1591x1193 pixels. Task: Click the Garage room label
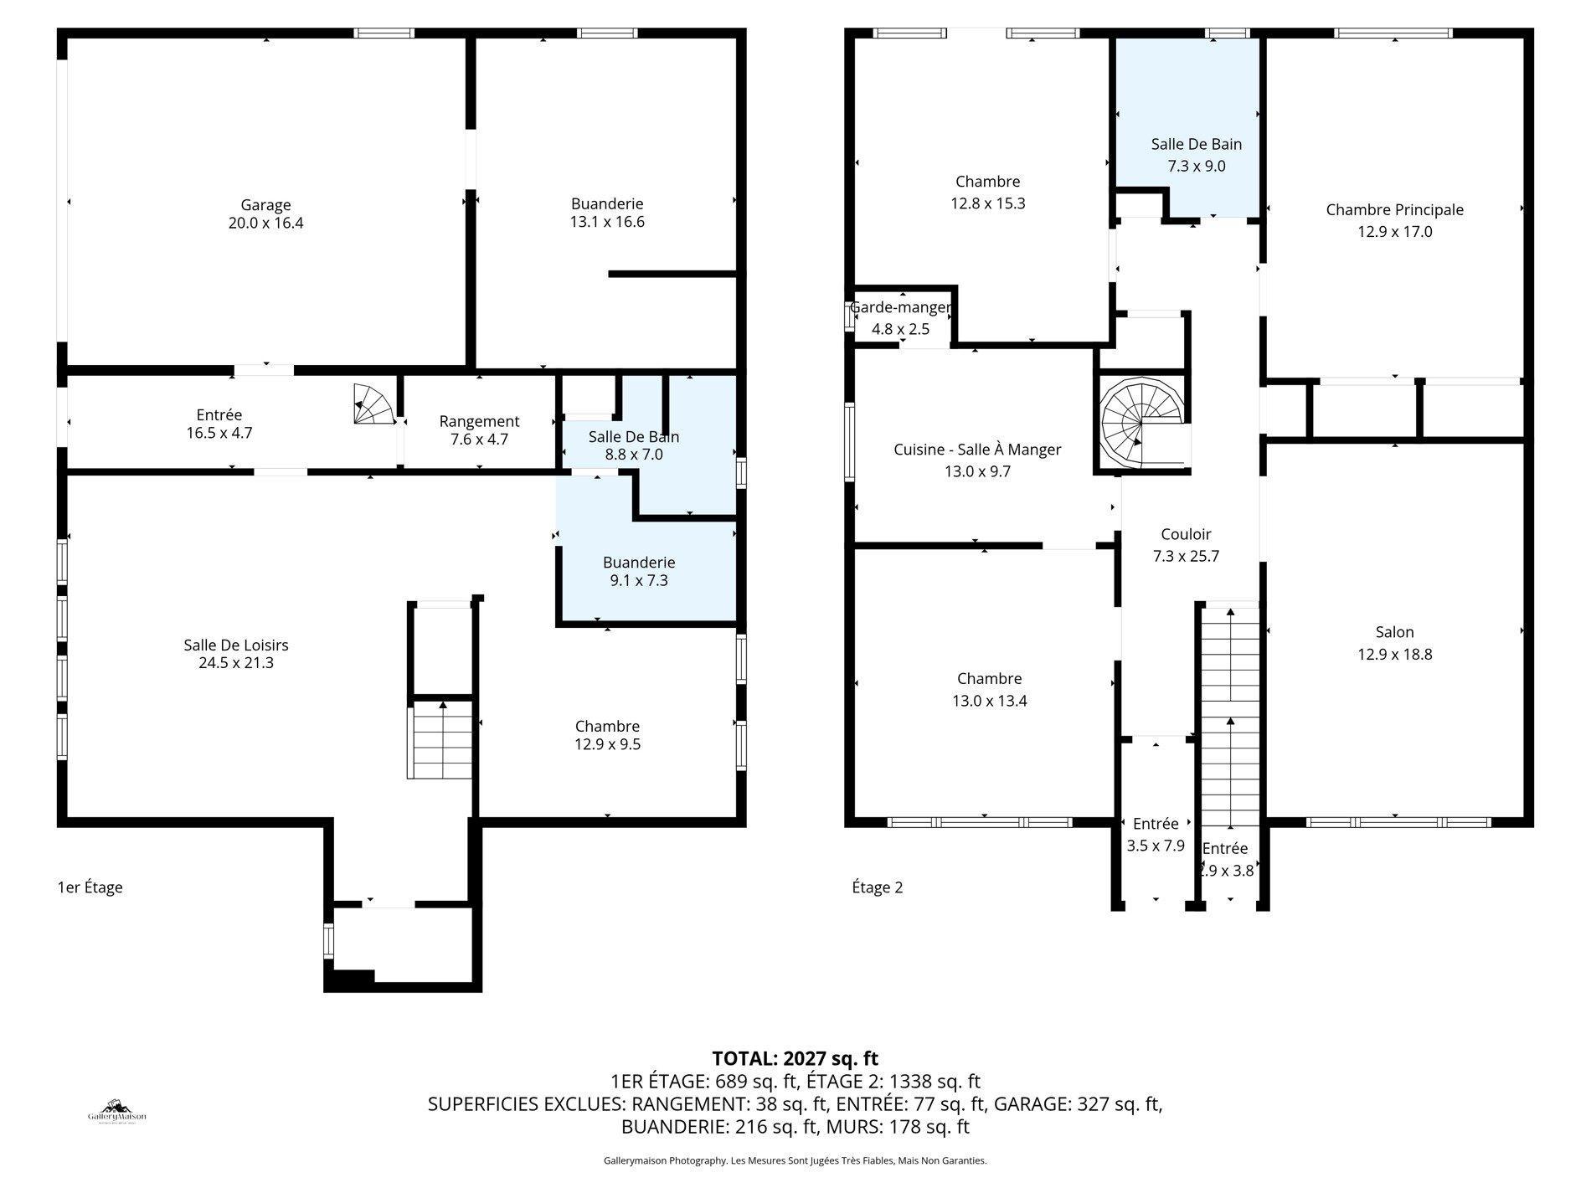[x=265, y=205]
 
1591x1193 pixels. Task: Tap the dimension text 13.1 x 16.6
[x=607, y=223]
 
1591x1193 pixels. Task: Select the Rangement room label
[x=479, y=421]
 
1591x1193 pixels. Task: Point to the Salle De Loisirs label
[x=236, y=645]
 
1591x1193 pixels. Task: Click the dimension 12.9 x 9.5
[x=607, y=744]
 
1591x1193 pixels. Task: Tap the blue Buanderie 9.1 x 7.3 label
[x=639, y=563]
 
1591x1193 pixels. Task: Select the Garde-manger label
[x=900, y=307]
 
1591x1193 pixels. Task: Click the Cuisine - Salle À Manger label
[x=977, y=450]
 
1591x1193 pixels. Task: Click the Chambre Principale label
[x=1394, y=210]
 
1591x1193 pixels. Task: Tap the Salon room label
[x=1394, y=632]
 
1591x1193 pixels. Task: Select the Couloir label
[x=1186, y=534]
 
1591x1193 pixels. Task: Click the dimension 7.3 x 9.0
[x=1196, y=166]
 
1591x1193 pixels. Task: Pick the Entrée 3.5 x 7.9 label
[x=1156, y=824]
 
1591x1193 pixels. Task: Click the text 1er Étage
[x=90, y=887]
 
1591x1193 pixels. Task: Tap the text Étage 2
[x=877, y=887]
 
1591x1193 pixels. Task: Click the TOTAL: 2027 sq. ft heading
[x=795, y=1059]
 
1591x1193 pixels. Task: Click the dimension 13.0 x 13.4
[x=989, y=701]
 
